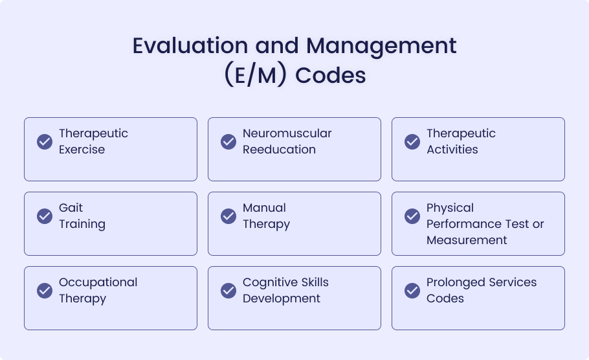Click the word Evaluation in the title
click(190, 45)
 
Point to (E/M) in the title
click(256, 74)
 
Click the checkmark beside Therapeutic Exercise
click(45, 142)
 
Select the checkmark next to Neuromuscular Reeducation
click(228, 142)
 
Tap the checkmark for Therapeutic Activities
click(412, 142)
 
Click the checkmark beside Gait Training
click(45, 216)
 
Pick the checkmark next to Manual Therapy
click(228, 216)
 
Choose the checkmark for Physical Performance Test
click(412, 216)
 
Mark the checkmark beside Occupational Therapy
click(45, 291)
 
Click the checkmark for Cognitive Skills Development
click(228, 291)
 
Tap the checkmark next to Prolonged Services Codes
click(412, 291)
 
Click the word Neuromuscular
click(287, 133)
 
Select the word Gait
click(71, 208)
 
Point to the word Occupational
click(98, 282)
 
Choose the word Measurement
click(467, 240)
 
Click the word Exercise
click(82, 150)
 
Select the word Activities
click(452, 150)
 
